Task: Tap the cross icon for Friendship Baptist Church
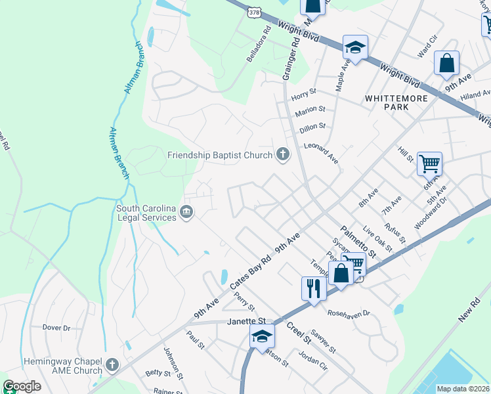coord(283,155)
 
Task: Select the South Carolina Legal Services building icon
coord(186,213)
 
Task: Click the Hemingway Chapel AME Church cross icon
coord(112,365)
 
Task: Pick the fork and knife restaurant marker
coord(313,288)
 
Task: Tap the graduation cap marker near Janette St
coord(262,336)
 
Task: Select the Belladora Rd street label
coord(259,45)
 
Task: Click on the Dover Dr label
coord(56,327)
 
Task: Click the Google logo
coord(22,386)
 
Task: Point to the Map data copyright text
coord(462,389)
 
